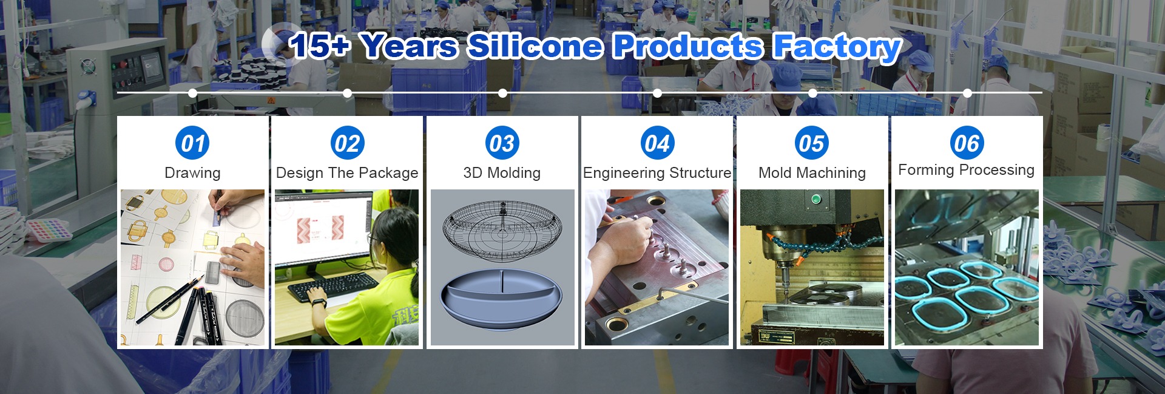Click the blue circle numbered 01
coord(192,143)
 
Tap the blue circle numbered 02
coord(347,143)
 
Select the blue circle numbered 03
coord(502,143)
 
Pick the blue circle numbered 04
coord(657,143)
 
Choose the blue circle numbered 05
coord(812,143)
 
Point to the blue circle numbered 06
coord(967,143)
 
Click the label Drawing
coord(192,173)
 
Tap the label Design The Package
coord(347,173)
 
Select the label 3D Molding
coord(502,173)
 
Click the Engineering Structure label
coord(657,173)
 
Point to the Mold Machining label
coord(812,173)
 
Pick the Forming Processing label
coord(967,170)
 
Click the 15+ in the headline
coord(320,46)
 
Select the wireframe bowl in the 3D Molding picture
coord(502,229)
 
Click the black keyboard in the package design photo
coord(334,287)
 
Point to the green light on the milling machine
coord(816,199)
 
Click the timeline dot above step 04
coord(657,93)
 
